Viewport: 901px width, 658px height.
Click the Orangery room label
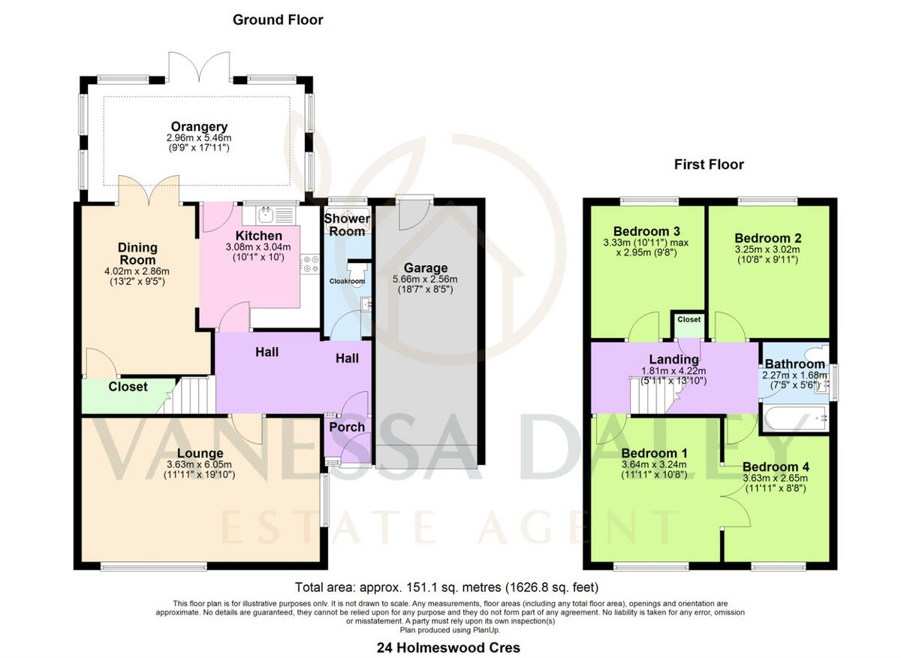click(x=199, y=127)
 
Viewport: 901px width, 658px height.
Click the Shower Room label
click(x=347, y=225)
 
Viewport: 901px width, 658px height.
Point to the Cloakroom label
click(x=347, y=281)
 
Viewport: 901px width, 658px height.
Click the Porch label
click(x=347, y=427)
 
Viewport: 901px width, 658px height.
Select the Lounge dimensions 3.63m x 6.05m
click(x=200, y=465)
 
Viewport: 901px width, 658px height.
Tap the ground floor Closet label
click(x=128, y=387)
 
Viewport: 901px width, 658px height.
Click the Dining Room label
click(x=137, y=253)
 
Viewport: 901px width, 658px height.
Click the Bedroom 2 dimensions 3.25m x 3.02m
click(x=762, y=249)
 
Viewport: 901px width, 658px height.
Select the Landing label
click(x=673, y=360)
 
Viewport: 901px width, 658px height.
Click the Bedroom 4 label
click(x=776, y=466)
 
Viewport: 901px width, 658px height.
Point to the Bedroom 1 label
click(x=653, y=453)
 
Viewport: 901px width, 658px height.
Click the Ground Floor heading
click(x=278, y=20)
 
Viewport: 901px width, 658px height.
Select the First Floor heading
click(x=709, y=164)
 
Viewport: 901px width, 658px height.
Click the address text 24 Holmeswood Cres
click(x=449, y=647)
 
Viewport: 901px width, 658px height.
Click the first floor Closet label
click(x=689, y=320)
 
